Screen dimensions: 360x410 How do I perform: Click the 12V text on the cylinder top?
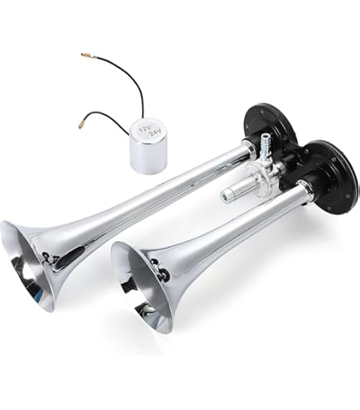[144, 128]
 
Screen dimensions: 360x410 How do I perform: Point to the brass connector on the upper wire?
[86, 55]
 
